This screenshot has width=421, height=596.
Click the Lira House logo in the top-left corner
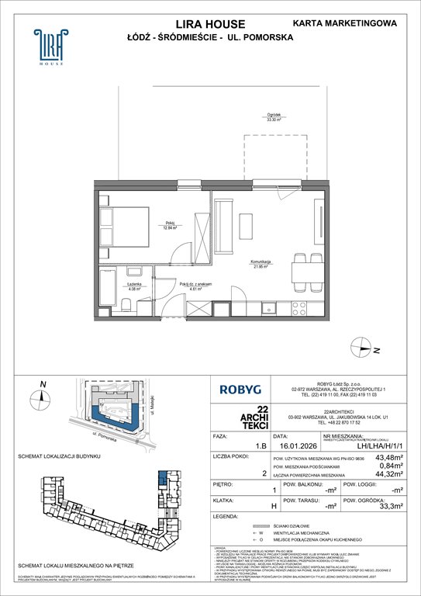48,47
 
